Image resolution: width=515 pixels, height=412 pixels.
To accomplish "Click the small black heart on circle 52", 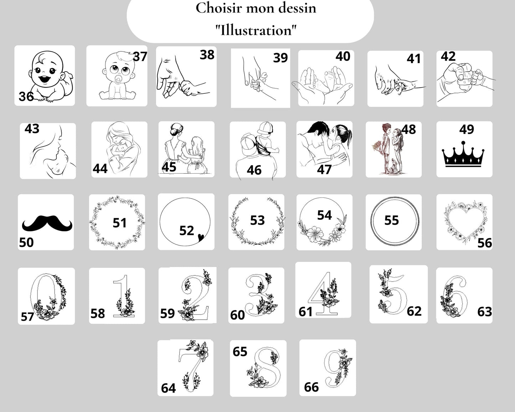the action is point(201,237).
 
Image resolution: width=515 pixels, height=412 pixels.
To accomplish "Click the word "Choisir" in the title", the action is point(219,9).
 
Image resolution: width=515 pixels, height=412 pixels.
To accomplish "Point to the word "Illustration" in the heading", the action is point(256,30).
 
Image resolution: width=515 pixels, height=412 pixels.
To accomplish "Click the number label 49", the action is point(467,129).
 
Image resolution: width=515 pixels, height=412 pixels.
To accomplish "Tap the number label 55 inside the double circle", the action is point(392,220).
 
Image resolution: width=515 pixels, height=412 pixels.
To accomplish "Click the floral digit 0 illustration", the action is point(48,297).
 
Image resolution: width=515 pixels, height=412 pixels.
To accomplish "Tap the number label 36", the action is point(26,97).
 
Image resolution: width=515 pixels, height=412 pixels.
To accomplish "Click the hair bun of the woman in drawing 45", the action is point(174,132).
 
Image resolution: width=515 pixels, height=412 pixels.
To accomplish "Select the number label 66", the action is point(311,387).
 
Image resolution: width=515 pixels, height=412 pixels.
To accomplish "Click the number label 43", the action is point(32,129).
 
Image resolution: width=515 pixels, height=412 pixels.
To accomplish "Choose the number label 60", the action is point(237,315).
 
